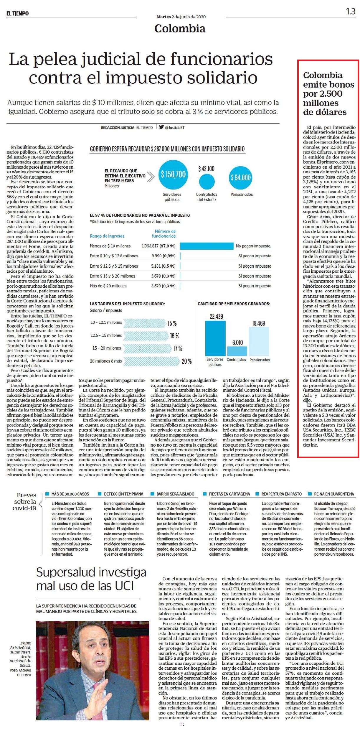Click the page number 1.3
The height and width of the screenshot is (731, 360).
point(351,11)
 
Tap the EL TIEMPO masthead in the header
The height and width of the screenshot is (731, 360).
point(18,14)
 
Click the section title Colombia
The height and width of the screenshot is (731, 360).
point(180,28)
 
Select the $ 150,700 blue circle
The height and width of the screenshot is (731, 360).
point(173,174)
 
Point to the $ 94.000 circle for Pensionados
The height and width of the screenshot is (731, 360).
point(241,177)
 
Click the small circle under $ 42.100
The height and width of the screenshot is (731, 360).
point(207,182)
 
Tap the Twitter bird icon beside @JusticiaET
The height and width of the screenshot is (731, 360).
point(161,127)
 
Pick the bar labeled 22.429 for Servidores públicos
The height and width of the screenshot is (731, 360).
point(215,338)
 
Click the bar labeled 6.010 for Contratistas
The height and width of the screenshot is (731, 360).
point(237,351)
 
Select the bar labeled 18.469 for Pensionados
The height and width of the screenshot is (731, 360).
point(259,341)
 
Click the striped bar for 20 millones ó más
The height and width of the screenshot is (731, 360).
point(151,361)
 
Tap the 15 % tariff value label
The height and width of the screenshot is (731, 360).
point(172,323)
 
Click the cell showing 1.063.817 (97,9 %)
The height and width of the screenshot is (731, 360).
point(158,246)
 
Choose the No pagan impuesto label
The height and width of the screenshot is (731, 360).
point(253,246)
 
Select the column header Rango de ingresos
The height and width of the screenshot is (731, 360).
point(107,236)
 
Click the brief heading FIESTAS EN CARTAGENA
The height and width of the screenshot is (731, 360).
point(229,494)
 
